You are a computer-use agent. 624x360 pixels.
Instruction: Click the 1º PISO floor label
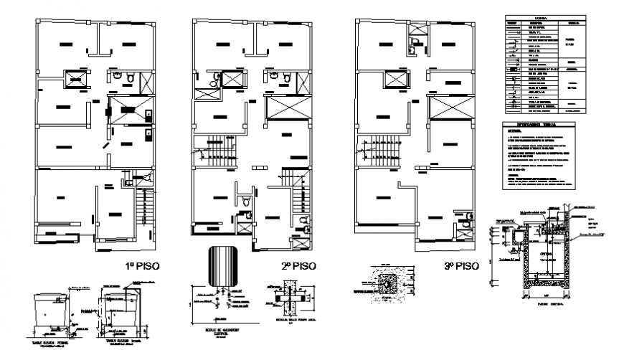point(143,265)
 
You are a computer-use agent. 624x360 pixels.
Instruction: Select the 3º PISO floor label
point(461,265)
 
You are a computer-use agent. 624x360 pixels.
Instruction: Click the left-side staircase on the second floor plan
point(219,152)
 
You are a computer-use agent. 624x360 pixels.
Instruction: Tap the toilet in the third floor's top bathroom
point(413,49)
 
